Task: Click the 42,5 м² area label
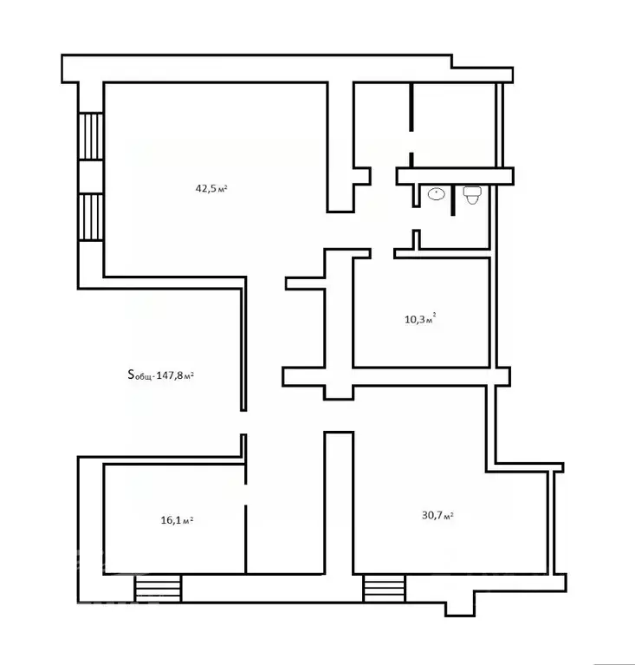pyautogui.click(x=211, y=188)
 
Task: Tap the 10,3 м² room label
pyautogui.click(x=420, y=318)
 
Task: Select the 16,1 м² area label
pyautogui.click(x=178, y=519)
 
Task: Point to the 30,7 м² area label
pyautogui.click(x=437, y=515)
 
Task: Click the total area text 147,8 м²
pyautogui.click(x=175, y=375)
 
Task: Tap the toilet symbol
pyautogui.click(x=472, y=195)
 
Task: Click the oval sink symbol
pyautogui.click(x=436, y=194)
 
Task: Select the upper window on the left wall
pyautogui.click(x=91, y=136)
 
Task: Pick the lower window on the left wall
pyautogui.click(x=91, y=217)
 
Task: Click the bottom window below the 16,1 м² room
pyautogui.click(x=159, y=588)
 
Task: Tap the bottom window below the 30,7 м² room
pyautogui.click(x=385, y=588)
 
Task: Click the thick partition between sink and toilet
pyautogui.click(x=453, y=200)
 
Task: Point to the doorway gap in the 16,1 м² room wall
pyautogui.click(x=245, y=494)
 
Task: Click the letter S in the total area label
pyautogui.click(x=131, y=374)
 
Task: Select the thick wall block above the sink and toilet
pyautogui.click(x=455, y=176)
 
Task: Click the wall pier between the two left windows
pyautogui.click(x=91, y=177)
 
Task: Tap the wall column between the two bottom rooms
pyautogui.click(x=339, y=503)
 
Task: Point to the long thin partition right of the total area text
pyautogui.click(x=243, y=344)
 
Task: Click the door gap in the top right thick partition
pyautogui.click(x=411, y=142)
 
